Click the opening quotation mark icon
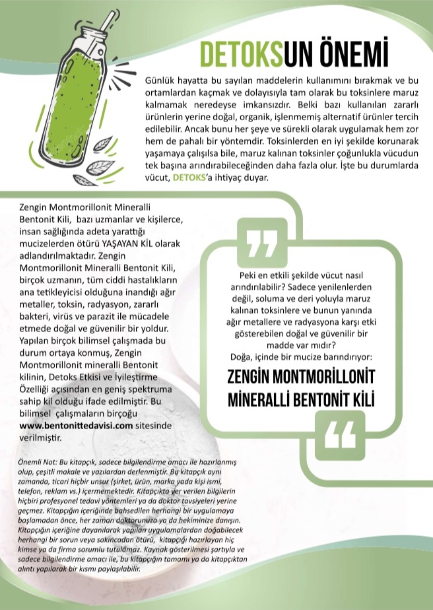coord(261,244)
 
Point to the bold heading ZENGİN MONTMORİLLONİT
coord(300,377)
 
